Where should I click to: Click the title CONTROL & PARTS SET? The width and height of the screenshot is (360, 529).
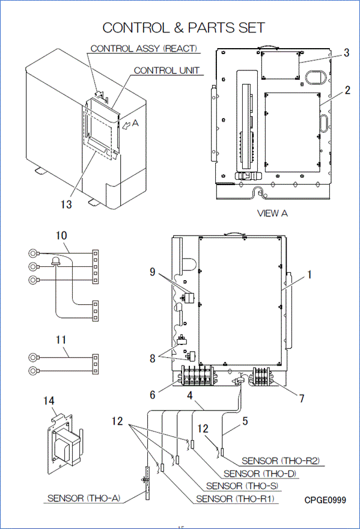pos(183,28)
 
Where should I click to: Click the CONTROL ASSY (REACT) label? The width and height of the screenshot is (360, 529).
pos(144,49)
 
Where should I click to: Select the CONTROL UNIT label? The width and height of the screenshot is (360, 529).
pos(166,70)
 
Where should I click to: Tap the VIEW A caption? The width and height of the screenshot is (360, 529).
pos(272,213)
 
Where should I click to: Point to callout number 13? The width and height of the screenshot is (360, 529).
pos(66,204)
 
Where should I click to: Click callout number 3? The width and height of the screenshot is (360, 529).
pos(347,53)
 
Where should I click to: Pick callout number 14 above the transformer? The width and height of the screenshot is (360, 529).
pos(49,400)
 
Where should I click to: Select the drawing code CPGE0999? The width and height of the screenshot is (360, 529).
pos(325,500)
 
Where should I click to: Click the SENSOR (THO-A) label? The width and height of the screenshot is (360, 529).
pos(84,498)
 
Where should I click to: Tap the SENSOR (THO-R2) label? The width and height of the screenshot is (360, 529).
pos(281,460)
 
